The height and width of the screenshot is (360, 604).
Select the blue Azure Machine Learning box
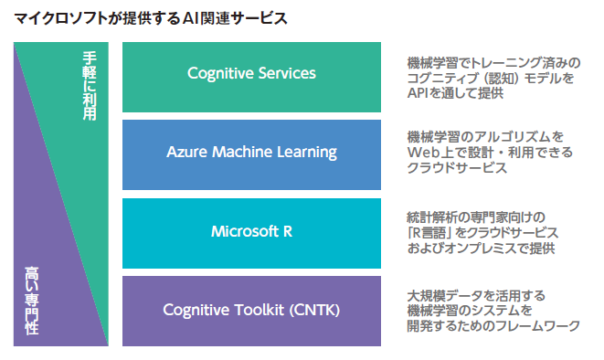(251, 153)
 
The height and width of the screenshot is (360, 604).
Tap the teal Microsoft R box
(251, 231)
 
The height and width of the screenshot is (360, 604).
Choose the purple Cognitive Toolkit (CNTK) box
(251, 310)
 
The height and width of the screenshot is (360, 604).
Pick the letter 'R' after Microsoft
(287, 231)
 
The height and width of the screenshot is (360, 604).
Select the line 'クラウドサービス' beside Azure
(456, 168)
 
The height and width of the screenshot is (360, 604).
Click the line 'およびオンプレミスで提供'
(481, 248)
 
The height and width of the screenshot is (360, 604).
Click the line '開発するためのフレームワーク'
(493, 326)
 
